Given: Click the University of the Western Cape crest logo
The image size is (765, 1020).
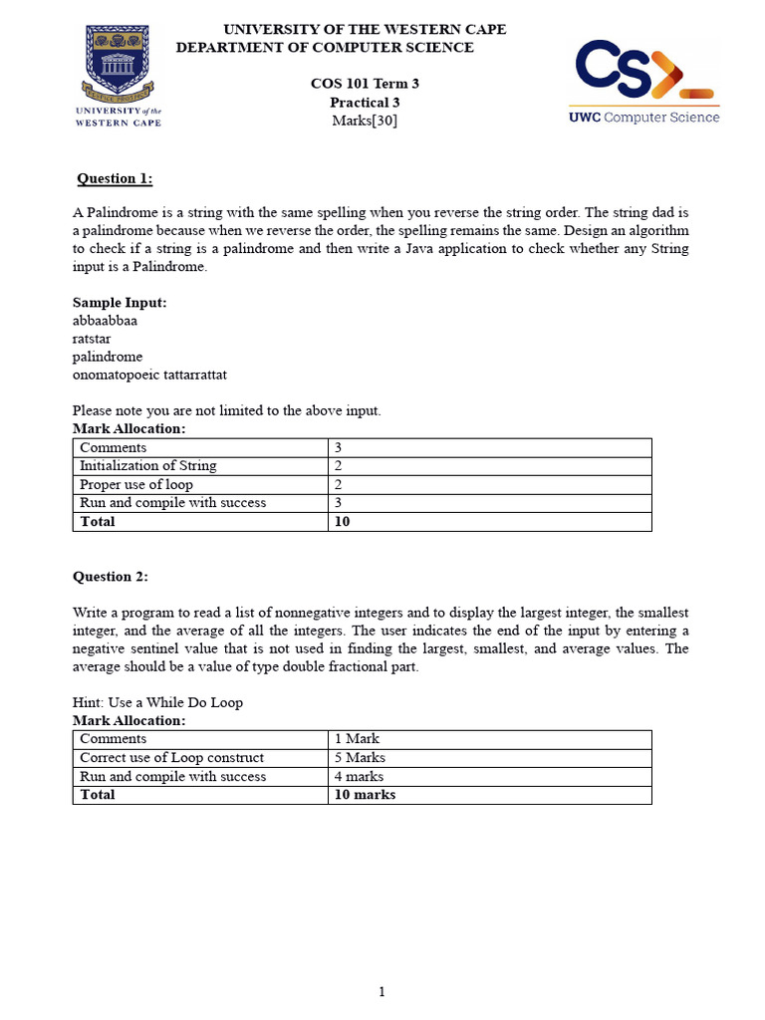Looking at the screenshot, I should tap(119, 76).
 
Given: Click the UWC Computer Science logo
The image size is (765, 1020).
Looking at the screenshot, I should tap(643, 81).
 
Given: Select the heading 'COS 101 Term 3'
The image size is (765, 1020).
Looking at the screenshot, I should tap(365, 84).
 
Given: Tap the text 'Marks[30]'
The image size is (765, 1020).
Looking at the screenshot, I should tap(365, 121).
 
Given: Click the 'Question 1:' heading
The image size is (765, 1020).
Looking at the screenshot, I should tap(116, 178).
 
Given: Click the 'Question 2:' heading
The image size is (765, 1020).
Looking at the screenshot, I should tap(111, 577).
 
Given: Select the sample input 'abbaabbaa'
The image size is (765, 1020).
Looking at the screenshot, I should tap(105, 320).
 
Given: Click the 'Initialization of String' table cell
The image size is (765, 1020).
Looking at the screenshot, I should tap(147, 466).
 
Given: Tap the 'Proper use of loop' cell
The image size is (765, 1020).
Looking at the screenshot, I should tap(136, 484).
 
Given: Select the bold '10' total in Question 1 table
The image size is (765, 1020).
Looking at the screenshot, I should tap(343, 522).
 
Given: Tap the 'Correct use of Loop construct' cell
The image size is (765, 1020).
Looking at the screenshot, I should tap(171, 758).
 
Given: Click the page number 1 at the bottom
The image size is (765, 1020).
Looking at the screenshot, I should tap(382, 991).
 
